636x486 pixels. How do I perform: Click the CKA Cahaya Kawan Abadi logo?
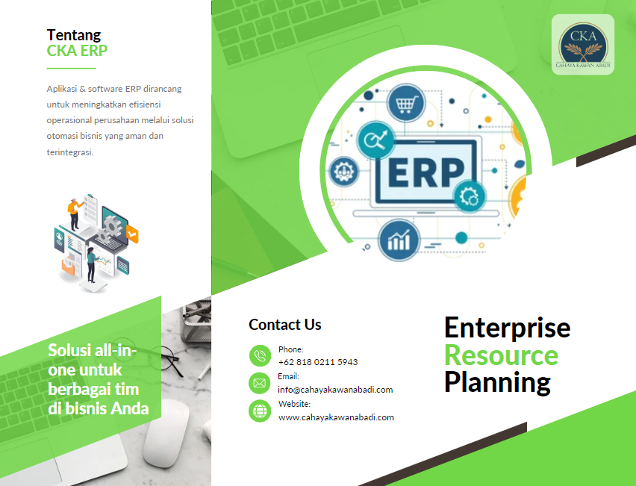coord(583,45)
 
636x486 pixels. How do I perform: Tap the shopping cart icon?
coord(406,103)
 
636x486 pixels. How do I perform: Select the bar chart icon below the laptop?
coord(399,240)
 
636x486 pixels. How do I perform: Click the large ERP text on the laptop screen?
coord(426,172)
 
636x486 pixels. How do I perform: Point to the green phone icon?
coord(260,356)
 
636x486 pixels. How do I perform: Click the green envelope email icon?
coord(260,384)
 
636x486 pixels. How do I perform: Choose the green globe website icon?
coord(260,411)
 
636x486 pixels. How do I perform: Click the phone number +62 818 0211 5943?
coord(318,362)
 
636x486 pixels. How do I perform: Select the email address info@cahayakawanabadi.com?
coord(335,390)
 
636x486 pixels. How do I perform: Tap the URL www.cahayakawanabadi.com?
coord(336,417)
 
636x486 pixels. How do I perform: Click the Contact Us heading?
coord(284,325)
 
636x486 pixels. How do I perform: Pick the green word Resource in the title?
coord(502,355)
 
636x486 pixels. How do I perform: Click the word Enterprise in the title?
coord(508,328)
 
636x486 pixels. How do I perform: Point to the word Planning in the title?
coord(497,383)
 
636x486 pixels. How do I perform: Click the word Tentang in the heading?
coord(74,35)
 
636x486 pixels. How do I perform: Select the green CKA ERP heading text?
coord(77,51)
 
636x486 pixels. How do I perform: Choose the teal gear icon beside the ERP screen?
coord(470,196)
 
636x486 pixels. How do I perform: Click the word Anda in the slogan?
coord(130,408)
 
